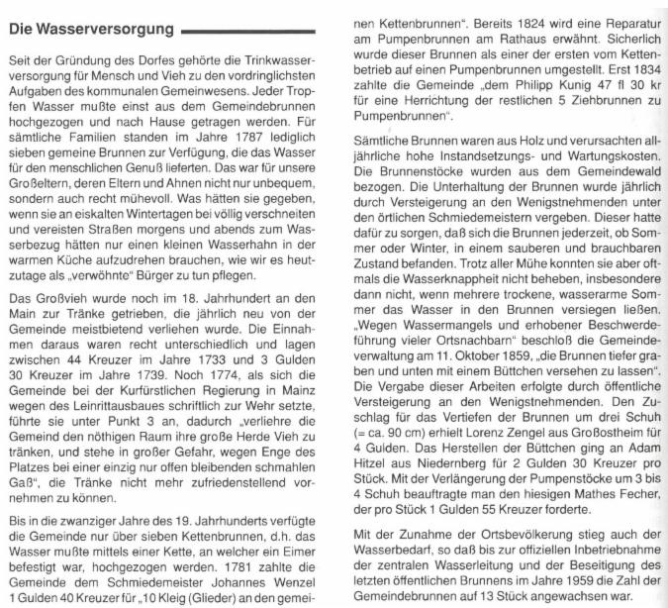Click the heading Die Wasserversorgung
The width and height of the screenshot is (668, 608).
pos(87,30)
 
